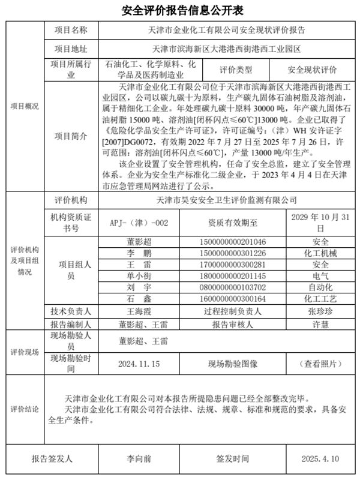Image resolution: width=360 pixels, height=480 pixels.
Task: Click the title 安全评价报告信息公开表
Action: pyautogui.click(x=179, y=11)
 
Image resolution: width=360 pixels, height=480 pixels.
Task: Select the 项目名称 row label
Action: pyautogui.click(x=71, y=30)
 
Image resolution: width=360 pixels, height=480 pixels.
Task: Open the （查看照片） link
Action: pyautogui.click(x=317, y=364)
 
